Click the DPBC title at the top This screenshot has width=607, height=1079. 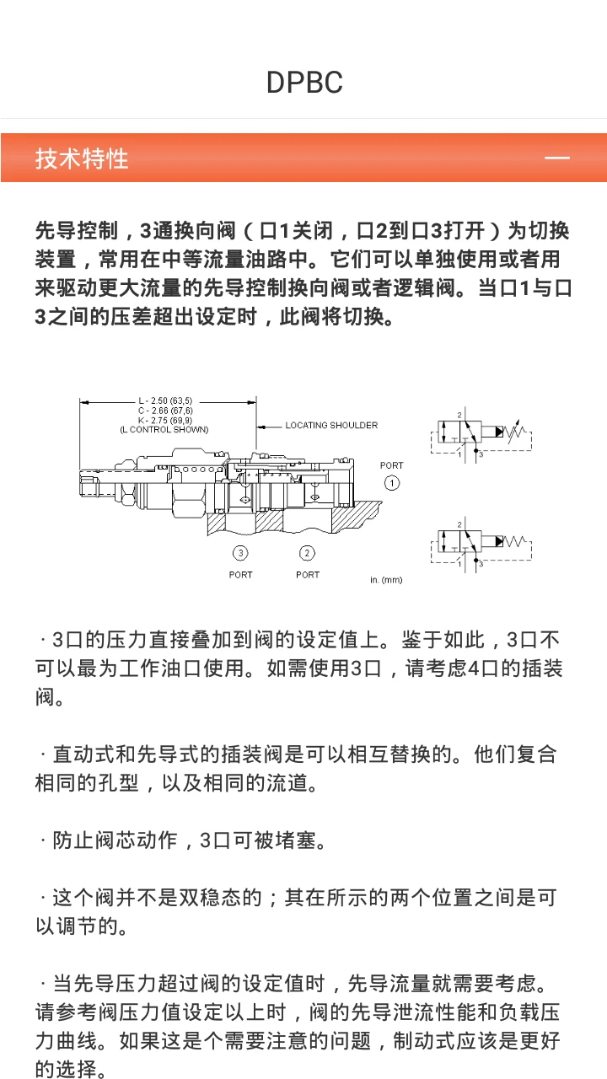[304, 83]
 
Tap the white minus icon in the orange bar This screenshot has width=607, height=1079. [557, 158]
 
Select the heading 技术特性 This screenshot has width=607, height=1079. [82, 158]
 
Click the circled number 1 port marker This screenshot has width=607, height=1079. [391, 483]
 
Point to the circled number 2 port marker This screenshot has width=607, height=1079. [308, 553]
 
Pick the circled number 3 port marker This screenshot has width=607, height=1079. [241, 553]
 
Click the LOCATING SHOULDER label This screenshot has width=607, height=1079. [330, 425]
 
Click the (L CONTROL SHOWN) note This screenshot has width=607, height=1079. [164, 429]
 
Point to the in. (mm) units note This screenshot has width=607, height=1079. [386, 580]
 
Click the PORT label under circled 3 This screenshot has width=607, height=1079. [241, 575]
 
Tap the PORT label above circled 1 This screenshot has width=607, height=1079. [391, 465]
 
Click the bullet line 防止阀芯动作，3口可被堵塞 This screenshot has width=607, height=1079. [181, 840]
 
